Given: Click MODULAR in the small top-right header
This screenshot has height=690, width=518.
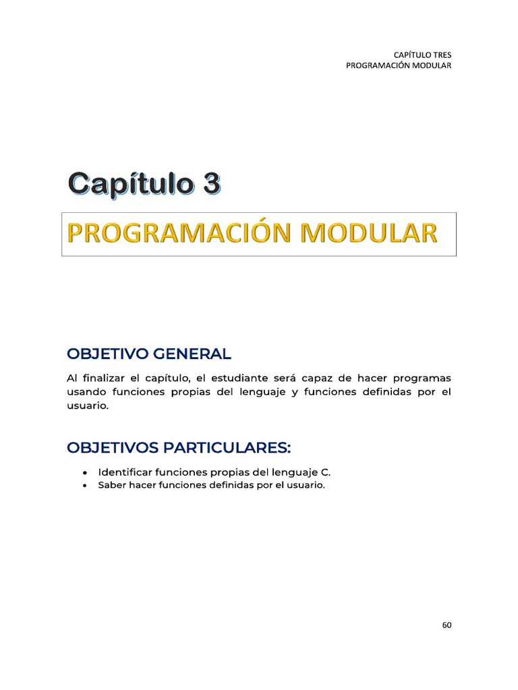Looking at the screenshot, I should [x=428, y=65].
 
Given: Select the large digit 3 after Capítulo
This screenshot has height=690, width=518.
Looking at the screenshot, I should [x=206, y=184].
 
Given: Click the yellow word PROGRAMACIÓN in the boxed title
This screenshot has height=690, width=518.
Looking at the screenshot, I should [x=179, y=233].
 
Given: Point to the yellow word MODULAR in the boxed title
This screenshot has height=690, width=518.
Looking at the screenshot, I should [x=368, y=233].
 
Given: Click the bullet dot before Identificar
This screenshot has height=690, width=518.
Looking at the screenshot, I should [x=84, y=472].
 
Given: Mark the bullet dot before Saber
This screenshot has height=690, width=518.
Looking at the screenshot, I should [x=84, y=486].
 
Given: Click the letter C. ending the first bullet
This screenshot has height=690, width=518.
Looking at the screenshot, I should [x=326, y=472].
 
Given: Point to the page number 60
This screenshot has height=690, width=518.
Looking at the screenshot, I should [x=447, y=625].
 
